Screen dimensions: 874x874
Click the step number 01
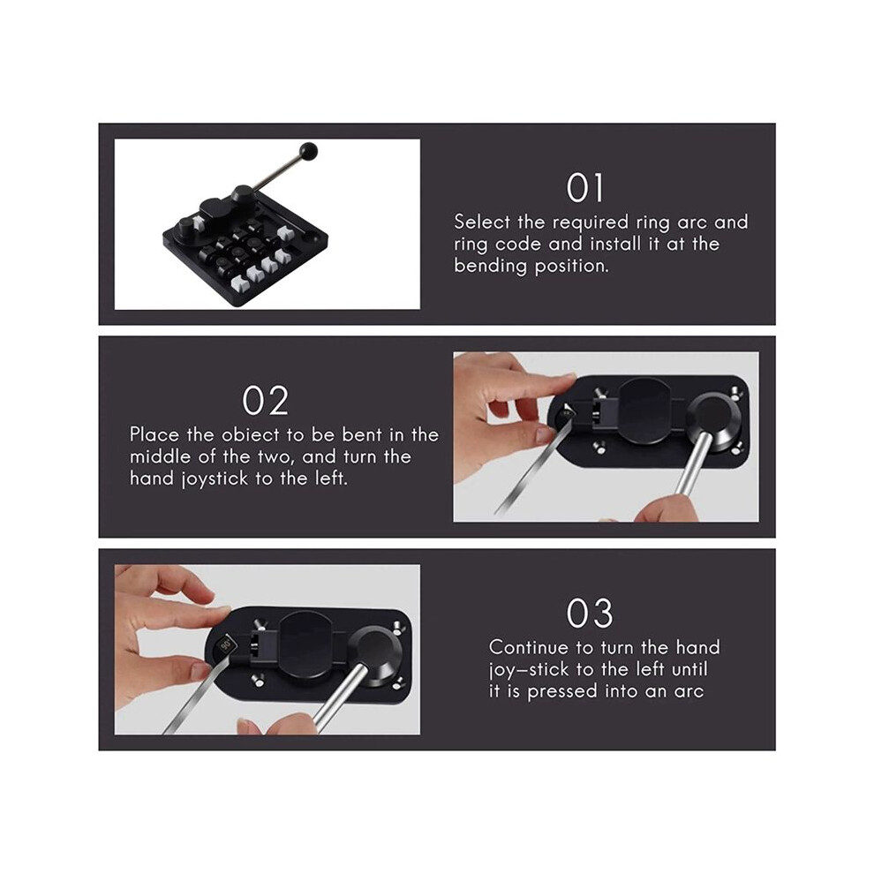(x=584, y=188)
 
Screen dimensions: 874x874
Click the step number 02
(x=266, y=400)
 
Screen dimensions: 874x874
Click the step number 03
(x=590, y=614)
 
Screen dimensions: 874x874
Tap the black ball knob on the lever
(x=308, y=150)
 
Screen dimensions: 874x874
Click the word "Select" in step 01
(x=482, y=222)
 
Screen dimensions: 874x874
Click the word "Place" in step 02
(x=155, y=434)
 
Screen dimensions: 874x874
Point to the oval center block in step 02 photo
(x=644, y=411)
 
